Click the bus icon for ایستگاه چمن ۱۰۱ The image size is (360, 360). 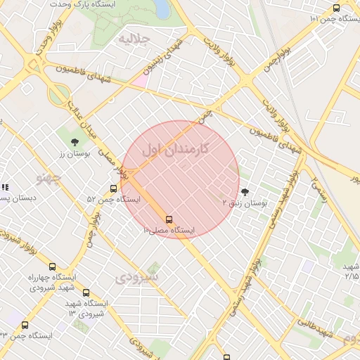(x=336, y=8)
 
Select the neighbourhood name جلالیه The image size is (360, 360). (x=134, y=38)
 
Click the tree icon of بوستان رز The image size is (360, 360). (x=75, y=142)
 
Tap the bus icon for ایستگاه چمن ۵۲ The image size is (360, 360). (x=114, y=188)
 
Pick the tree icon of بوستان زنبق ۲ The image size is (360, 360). (x=245, y=191)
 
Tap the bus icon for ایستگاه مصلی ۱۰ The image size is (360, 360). (x=169, y=219)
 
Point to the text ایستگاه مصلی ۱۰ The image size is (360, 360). (x=169, y=230)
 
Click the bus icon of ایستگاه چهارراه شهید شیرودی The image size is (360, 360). (x=52, y=266)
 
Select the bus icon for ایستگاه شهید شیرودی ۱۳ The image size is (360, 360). (x=86, y=293)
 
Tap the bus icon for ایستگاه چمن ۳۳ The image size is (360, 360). (x=25, y=325)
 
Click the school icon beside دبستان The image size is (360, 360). (x=4, y=187)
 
